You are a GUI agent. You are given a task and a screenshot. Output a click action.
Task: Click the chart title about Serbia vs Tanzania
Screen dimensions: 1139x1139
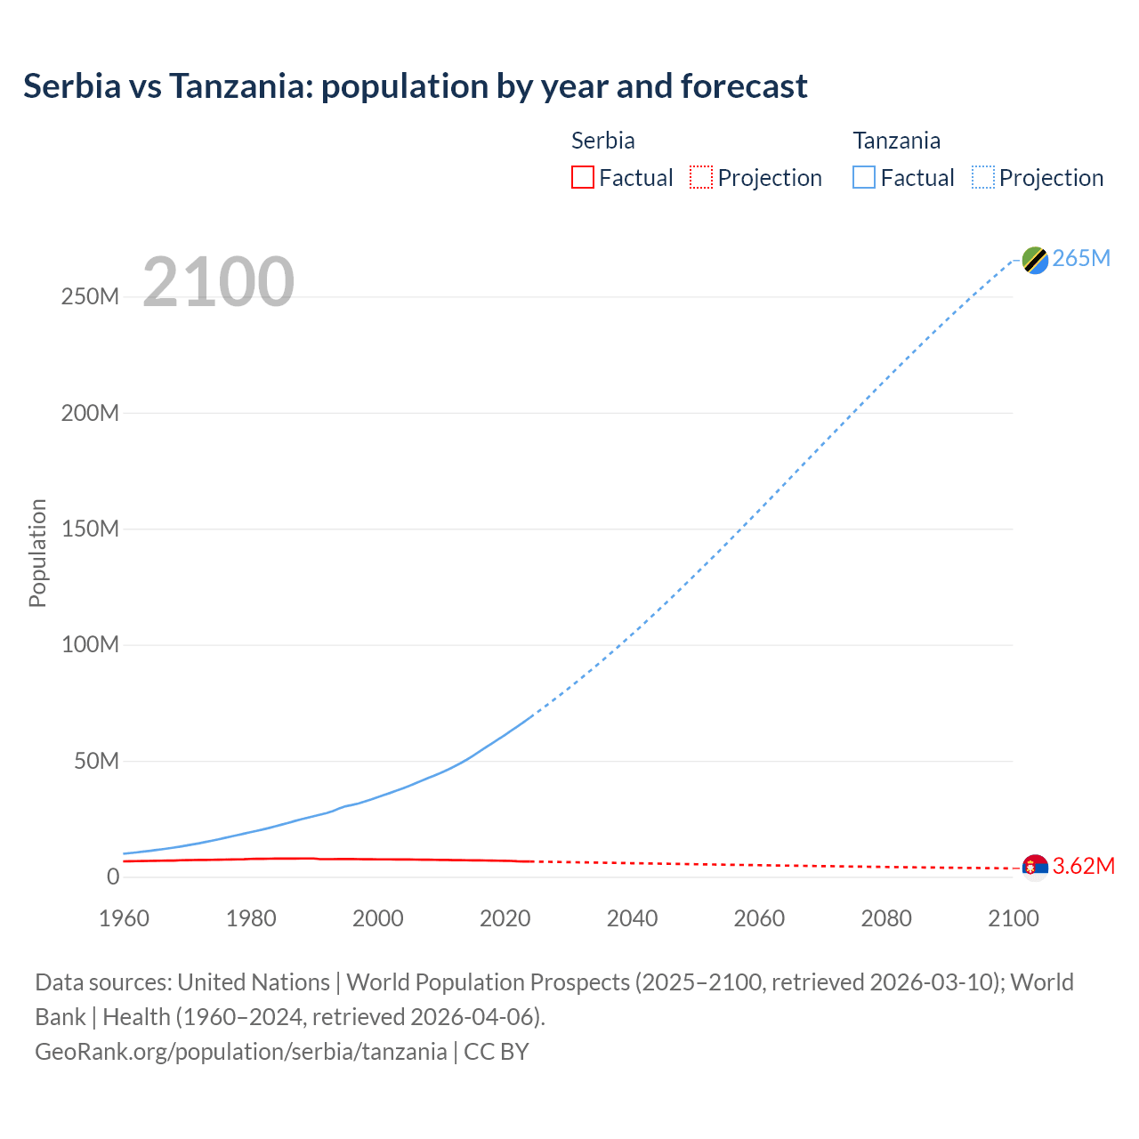(415, 86)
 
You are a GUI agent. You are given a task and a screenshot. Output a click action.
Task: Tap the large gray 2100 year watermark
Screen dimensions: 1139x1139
(218, 282)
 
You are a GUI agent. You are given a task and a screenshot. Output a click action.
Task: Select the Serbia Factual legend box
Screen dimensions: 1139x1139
(582, 177)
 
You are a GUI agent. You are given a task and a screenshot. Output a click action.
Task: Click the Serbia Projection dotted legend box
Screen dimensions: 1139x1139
(701, 177)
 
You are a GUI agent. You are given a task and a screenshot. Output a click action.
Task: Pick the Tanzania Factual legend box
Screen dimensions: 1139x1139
(863, 177)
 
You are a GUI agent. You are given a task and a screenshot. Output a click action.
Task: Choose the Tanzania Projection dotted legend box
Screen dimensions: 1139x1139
(982, 177)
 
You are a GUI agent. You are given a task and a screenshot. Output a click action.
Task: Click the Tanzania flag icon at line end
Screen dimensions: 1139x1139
(1035, 260)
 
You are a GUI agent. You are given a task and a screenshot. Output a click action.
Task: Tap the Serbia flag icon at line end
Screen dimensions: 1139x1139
(1035, 867)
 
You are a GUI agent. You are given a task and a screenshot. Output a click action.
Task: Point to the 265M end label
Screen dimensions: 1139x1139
(1081, 258)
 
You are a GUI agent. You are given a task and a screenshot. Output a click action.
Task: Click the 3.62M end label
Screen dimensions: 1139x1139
(1083, 866)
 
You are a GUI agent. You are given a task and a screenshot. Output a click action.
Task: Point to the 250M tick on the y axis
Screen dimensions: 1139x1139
(90, 296)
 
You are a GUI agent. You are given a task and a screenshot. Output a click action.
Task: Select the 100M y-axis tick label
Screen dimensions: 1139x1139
(90, 644)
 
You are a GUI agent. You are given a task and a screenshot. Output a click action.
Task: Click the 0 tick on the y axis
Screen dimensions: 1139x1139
(112, 876)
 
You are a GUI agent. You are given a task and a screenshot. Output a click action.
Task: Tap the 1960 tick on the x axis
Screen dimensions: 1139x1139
(124, 918)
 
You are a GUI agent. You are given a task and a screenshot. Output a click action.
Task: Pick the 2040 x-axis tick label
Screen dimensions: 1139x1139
(632, 918)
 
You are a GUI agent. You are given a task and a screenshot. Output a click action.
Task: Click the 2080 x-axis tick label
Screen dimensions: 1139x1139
(885, 918)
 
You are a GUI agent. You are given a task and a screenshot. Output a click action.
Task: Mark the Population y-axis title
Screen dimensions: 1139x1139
(37, 553)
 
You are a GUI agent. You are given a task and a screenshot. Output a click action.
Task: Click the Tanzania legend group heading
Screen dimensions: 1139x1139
(896, 141)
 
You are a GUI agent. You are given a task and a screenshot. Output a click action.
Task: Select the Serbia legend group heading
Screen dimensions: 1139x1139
(602, 141)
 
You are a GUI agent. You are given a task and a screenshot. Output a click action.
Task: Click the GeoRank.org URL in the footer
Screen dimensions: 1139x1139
(240, 1052)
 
